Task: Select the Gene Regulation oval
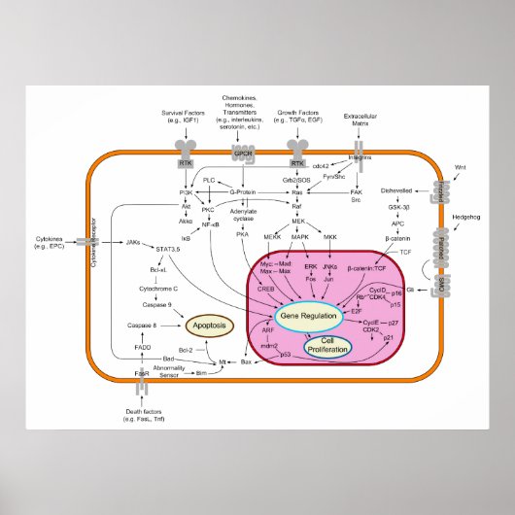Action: [x=308, y=316]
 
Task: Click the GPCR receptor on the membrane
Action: [x=242, y=154]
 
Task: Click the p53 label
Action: [x=286, y=355]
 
